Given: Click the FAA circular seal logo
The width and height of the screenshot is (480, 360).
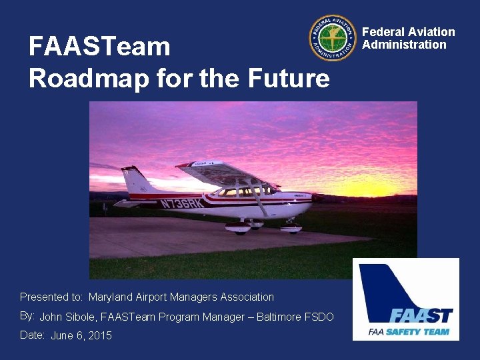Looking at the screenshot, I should (x=333, y=39).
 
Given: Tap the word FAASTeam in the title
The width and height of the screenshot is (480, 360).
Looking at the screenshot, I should (x=99, y=47).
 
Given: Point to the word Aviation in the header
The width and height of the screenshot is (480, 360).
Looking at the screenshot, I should (x=431, y=32).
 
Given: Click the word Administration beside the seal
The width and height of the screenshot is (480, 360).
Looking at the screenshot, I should (x=404, y=45).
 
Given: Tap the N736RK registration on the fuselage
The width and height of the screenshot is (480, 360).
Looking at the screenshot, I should (x=181, y=203).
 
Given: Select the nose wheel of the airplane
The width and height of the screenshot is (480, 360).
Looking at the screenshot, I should (x=291, y=229).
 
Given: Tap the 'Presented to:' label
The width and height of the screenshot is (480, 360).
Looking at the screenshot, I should (x=51, y=297).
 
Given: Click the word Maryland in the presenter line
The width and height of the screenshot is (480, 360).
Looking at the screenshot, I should (x=111, y=297).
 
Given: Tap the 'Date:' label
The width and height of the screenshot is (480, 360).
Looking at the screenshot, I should (x=32, y=335).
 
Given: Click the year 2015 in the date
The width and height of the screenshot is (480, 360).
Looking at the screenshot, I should (x=99, y=336).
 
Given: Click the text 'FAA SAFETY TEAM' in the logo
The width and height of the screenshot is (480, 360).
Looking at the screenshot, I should (x=409, y=331).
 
